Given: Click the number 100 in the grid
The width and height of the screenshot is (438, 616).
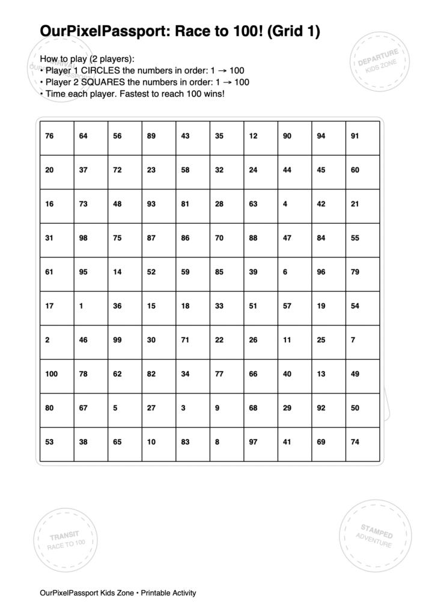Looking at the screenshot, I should [x=52, y=374].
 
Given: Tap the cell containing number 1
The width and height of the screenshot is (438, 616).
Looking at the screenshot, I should [x=81, y=306].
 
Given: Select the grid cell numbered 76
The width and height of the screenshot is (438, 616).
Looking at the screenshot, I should [x=49, y=136].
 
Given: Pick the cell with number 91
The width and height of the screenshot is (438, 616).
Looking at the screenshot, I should [x=355, y=136].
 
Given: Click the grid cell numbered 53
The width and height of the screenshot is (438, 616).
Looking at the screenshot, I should [x=49, y=442].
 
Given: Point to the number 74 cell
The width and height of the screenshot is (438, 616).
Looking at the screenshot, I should [x=355, y=442].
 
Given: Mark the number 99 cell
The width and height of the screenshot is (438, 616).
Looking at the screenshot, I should [x=117, y=340].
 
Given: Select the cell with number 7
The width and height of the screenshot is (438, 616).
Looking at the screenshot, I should [x=353, y=340].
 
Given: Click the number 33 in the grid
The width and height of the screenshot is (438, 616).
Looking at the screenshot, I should [x=219, y=306].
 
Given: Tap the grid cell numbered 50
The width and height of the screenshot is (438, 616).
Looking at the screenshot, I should [x=355, y=408].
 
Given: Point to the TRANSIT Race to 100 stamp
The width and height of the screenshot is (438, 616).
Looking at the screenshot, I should [x=65, y=539].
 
